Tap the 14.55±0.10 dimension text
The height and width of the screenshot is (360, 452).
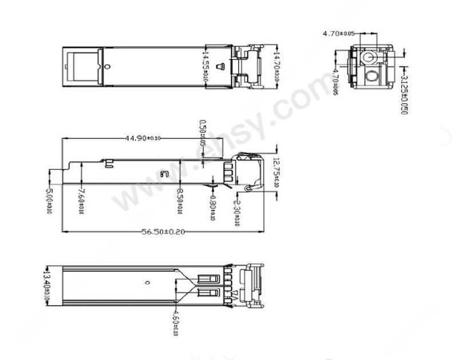click(x=205, y=66)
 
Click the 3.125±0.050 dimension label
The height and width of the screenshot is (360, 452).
click(x=403, y=92)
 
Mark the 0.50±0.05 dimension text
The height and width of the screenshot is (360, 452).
click(x=202, y=133)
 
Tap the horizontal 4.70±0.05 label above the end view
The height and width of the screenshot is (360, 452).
click(x=338, y=34)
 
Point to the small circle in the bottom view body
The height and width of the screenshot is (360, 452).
click(x=148, y=282)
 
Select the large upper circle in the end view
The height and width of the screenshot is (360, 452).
click(x=367, y=58)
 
